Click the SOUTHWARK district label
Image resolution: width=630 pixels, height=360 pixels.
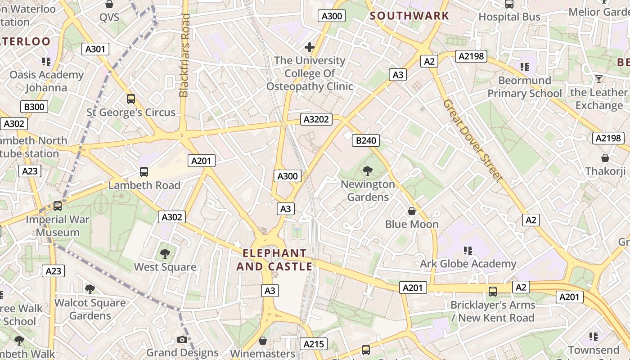click(409, 16)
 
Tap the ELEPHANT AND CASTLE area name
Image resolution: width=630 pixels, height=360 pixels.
click(274, 260)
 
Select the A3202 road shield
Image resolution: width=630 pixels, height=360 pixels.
click(316, 119)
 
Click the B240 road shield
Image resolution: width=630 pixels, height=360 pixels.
click(366, 140)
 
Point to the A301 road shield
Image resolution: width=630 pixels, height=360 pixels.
click(95, 49)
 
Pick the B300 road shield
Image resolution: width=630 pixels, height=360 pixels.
click(34, 107)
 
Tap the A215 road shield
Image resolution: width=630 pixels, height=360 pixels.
click(314, 344)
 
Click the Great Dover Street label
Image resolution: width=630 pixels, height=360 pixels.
click(472, 140)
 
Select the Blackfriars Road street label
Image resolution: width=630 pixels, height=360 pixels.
click(184, 55)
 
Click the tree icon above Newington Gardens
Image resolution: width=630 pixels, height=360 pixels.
click(368, 171)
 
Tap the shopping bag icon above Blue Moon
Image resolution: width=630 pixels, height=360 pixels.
click(411, 211)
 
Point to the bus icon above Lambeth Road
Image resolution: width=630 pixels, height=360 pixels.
click(144, 171)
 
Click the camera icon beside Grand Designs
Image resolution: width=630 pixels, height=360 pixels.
click(182, 339)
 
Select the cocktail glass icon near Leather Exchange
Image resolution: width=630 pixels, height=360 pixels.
click(598, 80)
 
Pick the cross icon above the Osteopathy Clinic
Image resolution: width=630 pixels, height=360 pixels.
click(310, 47)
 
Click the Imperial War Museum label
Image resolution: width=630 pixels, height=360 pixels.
click(58, 226)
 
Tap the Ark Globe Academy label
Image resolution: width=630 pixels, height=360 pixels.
click(468, 264)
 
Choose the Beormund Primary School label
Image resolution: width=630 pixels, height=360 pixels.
click(525, 87)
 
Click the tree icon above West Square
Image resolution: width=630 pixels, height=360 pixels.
click(165, 253)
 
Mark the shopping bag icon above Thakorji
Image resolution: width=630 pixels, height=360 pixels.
click(605, 158)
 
